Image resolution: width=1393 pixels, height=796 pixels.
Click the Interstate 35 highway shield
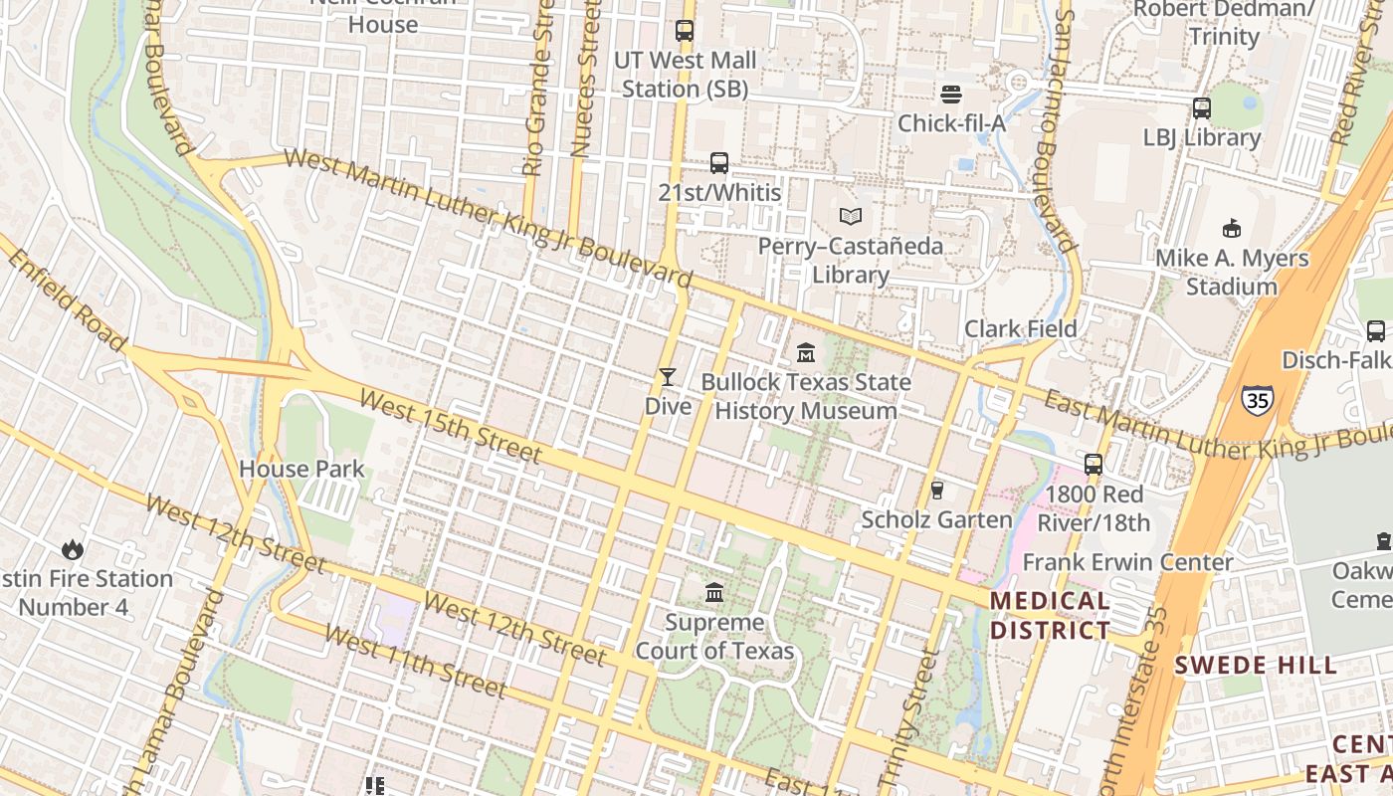coord(1257,400)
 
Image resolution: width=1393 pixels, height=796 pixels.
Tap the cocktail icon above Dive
coord(667,377)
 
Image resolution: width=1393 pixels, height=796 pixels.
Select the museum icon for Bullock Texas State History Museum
coord(806,353)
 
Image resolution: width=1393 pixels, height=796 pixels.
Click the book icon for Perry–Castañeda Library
coord(850,216)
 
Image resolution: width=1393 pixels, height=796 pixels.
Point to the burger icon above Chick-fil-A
coord(951,94)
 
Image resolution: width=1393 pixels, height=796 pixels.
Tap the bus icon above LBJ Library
coord(1201,108)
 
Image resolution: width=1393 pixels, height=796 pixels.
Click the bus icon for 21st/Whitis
coord(718,162)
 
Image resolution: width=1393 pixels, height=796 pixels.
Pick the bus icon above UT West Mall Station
coord(684,31)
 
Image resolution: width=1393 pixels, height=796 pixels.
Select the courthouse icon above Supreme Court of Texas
coord(714,593)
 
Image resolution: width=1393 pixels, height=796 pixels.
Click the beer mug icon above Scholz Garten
coord(936,490)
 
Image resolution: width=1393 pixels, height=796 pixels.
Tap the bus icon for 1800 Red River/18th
coord(1094,464)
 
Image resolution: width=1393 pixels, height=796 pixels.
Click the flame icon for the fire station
coord(72,548)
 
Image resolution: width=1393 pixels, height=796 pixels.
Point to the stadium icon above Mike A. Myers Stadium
coord(1232,228)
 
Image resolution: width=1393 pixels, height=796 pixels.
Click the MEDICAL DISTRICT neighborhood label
coord(1050,615)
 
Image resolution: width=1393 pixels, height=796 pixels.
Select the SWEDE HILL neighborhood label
coord(1256,666)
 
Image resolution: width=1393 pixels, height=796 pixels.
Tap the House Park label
coord(301,469)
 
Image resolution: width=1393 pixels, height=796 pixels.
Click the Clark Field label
coord(1020,328)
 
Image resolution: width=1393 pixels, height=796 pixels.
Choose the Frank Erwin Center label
coord(1127,562)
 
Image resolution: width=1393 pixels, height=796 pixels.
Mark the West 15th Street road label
coord(450,427)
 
